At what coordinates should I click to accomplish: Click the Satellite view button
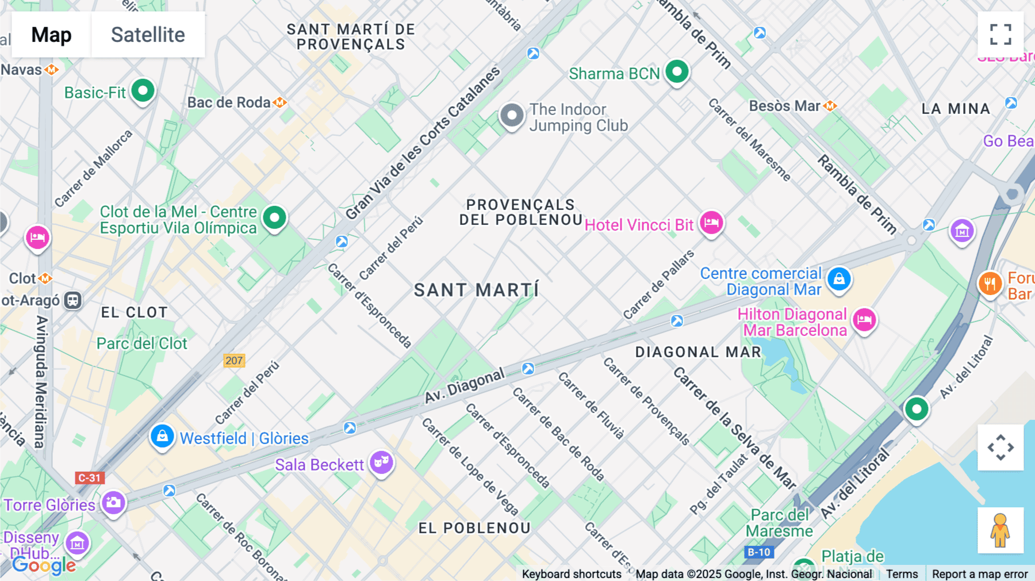pyautogui.click(x=148, y=35)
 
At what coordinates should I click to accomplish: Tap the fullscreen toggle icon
pyautogui.click(x=1000, y=35)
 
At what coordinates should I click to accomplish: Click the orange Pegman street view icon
pyautogui.click(x=1000, y=530)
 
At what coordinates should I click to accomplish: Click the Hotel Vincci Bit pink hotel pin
pyautogui.click(x=711, y=223)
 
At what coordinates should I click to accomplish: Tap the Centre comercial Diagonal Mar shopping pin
pyautogui.click(x=839, y=280)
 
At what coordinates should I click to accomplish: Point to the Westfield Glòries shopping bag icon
pyautogui.click(x=162, y=437)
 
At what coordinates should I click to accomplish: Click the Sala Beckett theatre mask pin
pyautogui.click(x=381, y=462)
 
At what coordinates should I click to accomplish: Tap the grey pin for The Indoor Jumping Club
pyautogui.click(x=512, y=116)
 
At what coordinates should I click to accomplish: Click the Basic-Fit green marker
pyautogui.click(x=143, y=91)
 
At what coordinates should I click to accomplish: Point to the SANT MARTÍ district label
pyautogui.click(x=477, y=290)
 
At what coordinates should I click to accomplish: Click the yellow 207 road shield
pyautogui.click(x=234, y=361)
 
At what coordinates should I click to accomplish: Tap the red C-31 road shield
pyautogui.click(x=89, y=477)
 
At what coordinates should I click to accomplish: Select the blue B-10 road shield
pyautogui.click(x=758, y=552)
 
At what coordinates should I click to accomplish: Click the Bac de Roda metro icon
pyautogui.click(x=280, y=102)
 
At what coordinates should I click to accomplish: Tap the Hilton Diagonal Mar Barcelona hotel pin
pyautogui.click(x=864, y=320)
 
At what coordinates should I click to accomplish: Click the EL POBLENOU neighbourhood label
pyautogui.click(x=474, y=528)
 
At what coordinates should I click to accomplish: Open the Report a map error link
pyautogui.click(x=980, y=574)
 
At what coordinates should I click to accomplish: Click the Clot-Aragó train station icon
pyautogui.click(x=73, y=300)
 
